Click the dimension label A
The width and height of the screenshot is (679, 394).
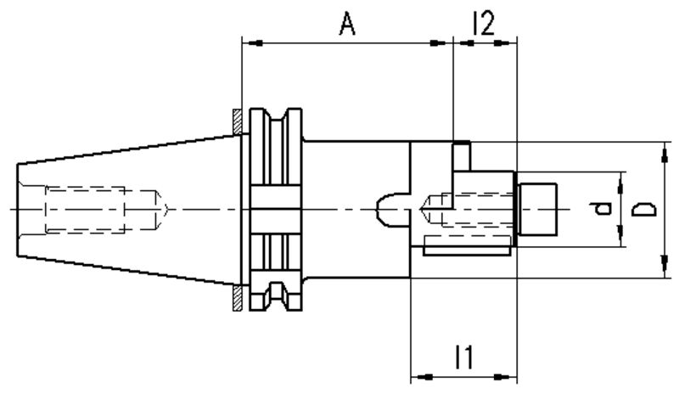[x=346, y=25]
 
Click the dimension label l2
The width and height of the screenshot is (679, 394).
[x=483, y=24]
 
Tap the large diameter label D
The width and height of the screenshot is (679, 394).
[x=644, y=209]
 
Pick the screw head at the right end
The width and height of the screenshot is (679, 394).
[x=536, y=209]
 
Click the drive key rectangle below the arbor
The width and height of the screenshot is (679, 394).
[x=466, y=247]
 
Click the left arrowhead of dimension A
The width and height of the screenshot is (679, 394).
[x=249, y=42]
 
